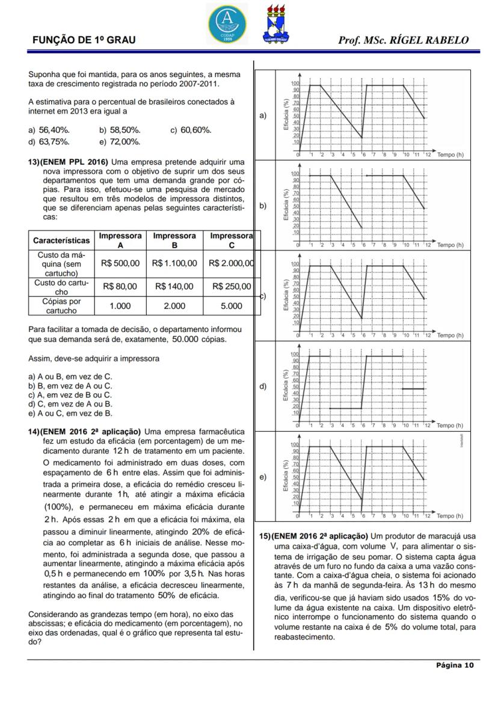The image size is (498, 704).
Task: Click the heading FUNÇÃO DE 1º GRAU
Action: (x=84, y=40)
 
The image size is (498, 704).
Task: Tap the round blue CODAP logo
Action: (x=227, y=23)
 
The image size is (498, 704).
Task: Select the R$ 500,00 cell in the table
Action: (x=120, y=263)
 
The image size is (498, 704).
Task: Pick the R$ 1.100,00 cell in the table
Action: (x=174, y=263)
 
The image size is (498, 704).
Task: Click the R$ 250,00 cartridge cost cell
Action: (x=232, y=287)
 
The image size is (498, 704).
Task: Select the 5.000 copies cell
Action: (x=232, y=306)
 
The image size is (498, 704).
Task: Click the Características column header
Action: (x=61, y=240)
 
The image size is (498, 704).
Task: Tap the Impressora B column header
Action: (x=174, y=240)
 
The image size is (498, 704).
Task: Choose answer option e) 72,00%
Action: (x=120, y=142)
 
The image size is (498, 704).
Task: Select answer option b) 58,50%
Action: (x=120, y=130)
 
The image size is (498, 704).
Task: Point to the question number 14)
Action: (x=34, y=431)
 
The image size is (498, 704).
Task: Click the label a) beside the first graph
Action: (x=263, y=115)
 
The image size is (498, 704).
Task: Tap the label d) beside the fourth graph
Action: (x=263, y=387)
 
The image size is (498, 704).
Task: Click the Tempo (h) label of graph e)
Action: (x=450, y=516)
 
